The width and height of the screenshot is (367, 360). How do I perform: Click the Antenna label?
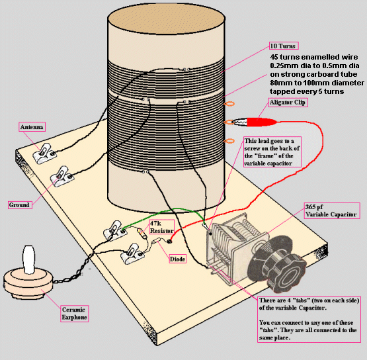[32, 127]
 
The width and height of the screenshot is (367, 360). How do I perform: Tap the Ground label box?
[20, 205]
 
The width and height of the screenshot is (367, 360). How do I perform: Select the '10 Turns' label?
[284, 46]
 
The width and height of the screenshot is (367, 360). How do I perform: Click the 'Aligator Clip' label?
[288, 103]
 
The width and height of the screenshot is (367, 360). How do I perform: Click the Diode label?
[177, 259]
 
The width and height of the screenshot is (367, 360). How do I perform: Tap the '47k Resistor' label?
[162, 227]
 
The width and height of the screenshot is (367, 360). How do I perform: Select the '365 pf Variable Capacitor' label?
[332, 211]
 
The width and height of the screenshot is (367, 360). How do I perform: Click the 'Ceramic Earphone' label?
[74, 314]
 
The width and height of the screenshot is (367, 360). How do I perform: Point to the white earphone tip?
[29, 259]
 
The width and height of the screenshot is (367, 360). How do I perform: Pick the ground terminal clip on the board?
[62, 177]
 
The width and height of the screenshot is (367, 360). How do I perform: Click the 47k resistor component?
[142, 233]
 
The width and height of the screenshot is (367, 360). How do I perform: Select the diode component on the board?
[155, 241]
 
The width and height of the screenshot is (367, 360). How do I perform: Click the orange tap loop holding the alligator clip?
[229, 122]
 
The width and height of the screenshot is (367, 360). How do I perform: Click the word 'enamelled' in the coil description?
[319, 57]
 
